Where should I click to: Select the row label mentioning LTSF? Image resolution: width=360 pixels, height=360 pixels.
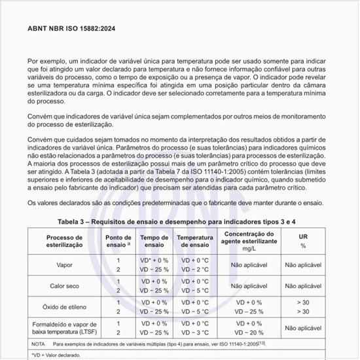click(63, 328)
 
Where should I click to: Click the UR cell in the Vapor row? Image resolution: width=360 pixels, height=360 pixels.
click(303, 264)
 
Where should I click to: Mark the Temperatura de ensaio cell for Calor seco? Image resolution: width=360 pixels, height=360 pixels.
click(195, 286)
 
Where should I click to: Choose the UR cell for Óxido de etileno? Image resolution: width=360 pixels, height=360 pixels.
click(303, 307)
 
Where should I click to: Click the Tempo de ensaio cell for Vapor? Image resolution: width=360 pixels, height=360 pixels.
click(154, 264)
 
